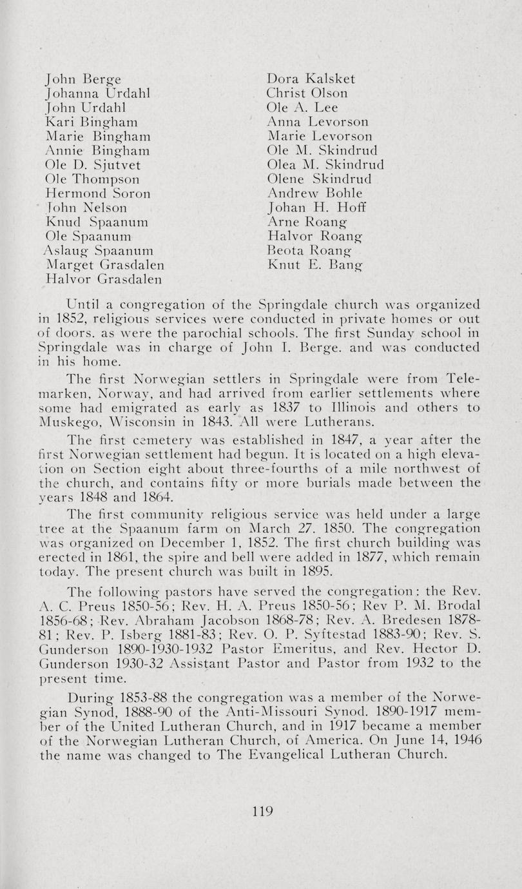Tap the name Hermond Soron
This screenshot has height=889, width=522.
(99, 193)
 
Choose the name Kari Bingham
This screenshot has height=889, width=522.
(92, 122)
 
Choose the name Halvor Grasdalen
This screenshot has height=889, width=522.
(104, 279)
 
